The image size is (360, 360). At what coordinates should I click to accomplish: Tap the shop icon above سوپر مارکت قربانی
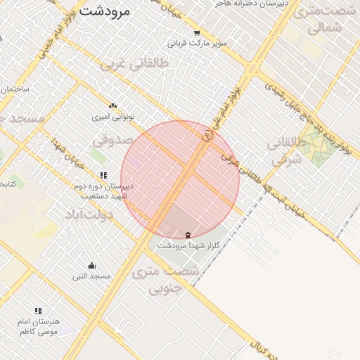tap(197, 32)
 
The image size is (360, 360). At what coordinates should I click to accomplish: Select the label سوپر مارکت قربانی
tap(202, 43)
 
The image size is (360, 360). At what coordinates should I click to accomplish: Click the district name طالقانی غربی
tap(136, 64)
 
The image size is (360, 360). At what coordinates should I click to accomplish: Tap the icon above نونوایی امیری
tap(112, 105)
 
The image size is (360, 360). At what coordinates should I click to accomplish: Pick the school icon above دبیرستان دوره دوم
tap(103, 175)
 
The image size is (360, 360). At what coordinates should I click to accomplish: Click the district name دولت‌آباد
tap(89, 212)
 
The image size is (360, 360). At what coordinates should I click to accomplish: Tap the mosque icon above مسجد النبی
tap(91, 265)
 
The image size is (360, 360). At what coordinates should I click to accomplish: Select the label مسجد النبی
tap(91, 276)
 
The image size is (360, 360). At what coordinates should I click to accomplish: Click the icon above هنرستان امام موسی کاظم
tap(38, 310)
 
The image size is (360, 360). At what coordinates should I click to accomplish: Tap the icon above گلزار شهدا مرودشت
tap(187, 234)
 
